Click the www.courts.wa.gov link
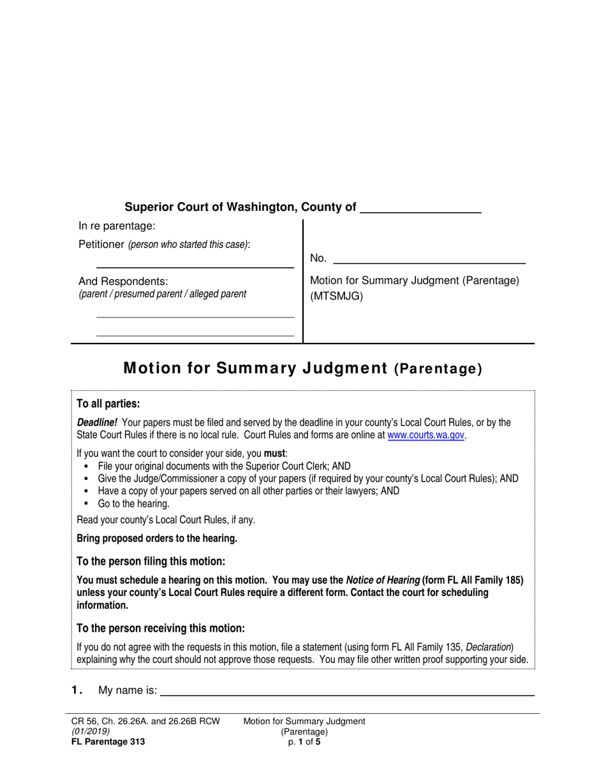[426, 435]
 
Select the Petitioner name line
[195, 264]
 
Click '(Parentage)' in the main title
[438, 368]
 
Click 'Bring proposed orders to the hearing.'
[157, 539]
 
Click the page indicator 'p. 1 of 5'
[304, 741]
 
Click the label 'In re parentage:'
[117, 226]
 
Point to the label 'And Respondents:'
[123, 281]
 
